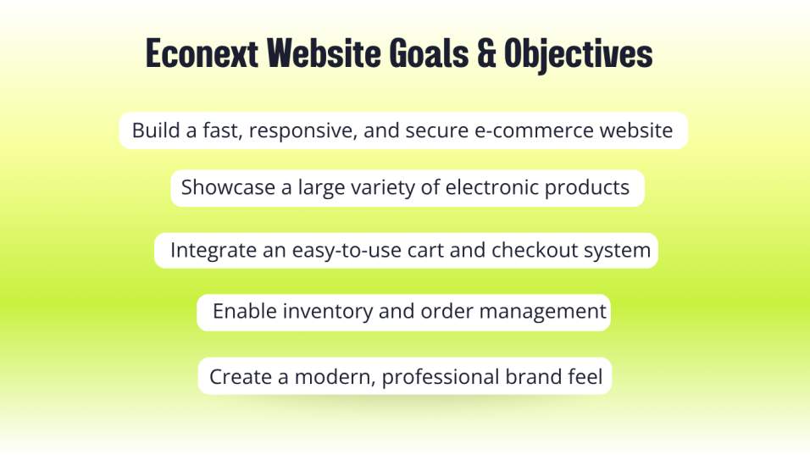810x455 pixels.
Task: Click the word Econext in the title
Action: click(x=202, y=53)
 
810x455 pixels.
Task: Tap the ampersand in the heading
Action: click(x=486, y=53)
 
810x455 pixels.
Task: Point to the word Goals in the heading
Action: click(x=429, y=53)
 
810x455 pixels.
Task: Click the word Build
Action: click(x=156, y=130)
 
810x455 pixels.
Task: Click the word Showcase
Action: click(x=228, y=187)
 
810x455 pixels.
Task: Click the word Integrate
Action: click(x=214, y=251)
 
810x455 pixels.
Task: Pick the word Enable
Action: click(x=245, y=311)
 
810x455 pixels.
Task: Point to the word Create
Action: click(x=241, y=376)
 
